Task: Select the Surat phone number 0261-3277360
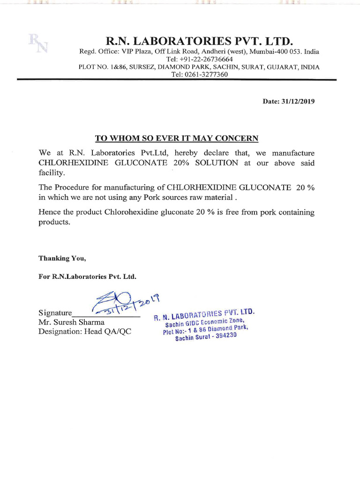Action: pos(207,75)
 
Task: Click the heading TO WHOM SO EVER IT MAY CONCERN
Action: pos(177,138)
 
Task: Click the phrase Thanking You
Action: pos(62,258)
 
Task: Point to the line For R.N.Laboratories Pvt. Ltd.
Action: pos(87,277)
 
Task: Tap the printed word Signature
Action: pos(55,313)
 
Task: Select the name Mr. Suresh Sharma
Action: pos(72,322)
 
